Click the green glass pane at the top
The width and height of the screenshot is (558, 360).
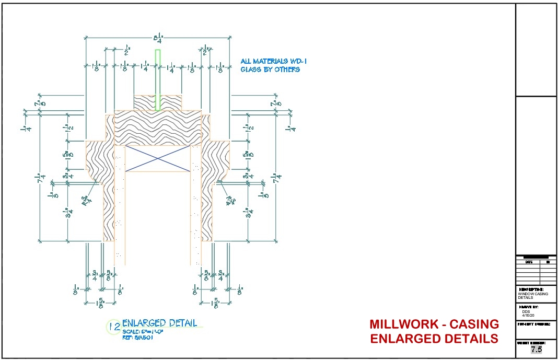[x=158, y=79]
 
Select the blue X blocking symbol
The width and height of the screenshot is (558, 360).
[x=158, y=158]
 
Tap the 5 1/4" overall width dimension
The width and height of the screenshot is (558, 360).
[x=157, y=38]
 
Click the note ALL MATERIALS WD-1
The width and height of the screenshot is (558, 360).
[x=270, y=61]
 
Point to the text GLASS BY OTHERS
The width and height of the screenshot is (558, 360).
[x=270, y=69]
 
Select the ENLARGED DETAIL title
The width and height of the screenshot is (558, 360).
[x=160, y=323]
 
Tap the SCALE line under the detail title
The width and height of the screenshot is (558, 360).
[x=140, y=331]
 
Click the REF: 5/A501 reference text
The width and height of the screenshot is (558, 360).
[x=138, y=337]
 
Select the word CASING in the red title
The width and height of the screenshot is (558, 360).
[x=474, y=324]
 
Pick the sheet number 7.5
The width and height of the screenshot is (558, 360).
[x=536, y=350]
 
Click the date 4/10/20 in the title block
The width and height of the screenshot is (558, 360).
[x=529, y=316]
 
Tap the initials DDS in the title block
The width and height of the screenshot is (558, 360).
[x=526, y=311]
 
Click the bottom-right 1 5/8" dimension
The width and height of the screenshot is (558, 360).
[x=215, y=302]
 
